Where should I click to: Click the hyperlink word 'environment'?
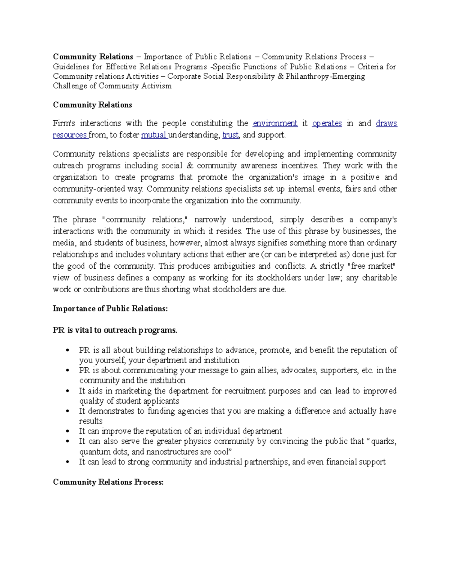[x=275, y=123]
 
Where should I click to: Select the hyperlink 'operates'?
[x=327, y=123]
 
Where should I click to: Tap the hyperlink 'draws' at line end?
[x=386, y=123]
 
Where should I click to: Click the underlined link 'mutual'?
[x=154, y=135]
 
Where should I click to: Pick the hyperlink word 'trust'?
[x=230, y=135]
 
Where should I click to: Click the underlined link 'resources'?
[x=70, y=135]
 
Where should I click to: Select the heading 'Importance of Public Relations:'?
[x=110, y=308]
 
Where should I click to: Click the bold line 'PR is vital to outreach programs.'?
[x=115, y=330]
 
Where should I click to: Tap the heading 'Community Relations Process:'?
[x=108, y=482]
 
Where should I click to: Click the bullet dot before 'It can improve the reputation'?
[x=67, y=432]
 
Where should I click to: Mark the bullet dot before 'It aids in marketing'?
[x=67, y=391]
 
